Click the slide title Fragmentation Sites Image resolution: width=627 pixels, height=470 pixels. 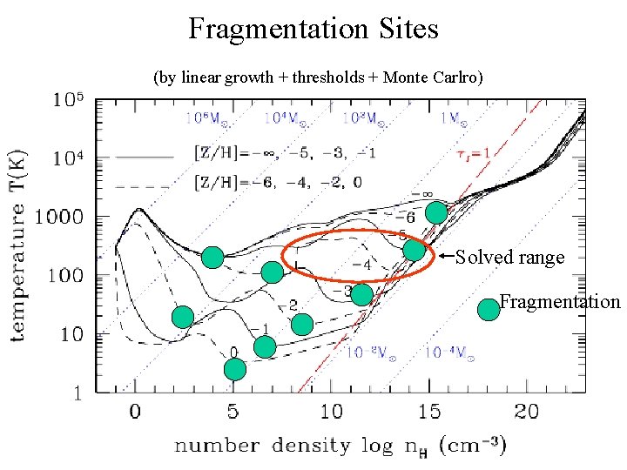tap(313, 30)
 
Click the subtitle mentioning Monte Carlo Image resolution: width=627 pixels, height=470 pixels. tap(318, 77)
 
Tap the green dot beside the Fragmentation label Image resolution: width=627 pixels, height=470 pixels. tap(489, 308)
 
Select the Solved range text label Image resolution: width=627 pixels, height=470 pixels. tap(510, 258)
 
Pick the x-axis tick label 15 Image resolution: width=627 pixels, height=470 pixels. tap(429, 411)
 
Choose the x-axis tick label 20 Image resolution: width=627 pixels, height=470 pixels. tap(526, 411)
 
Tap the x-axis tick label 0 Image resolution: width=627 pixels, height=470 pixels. tap(135, 411)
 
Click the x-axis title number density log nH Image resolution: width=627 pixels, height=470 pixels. tap(340, 446)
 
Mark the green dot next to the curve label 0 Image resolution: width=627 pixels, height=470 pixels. tap(235, 369)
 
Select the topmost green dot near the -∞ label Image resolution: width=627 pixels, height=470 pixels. tap(436, 212)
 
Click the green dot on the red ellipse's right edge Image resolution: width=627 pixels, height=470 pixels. tap(415, 251)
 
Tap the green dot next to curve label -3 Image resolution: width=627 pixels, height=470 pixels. tap(362, 294)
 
